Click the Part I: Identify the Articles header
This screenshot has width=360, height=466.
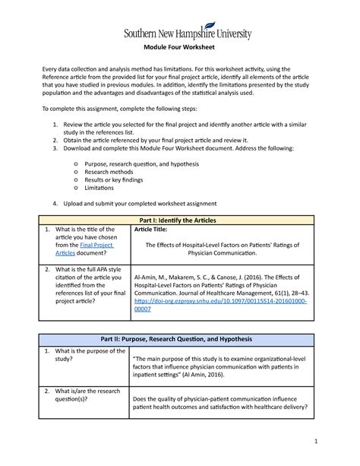pos(180,219)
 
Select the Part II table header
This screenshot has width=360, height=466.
pos(180,338)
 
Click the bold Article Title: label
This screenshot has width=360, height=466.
pos(153,229)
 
